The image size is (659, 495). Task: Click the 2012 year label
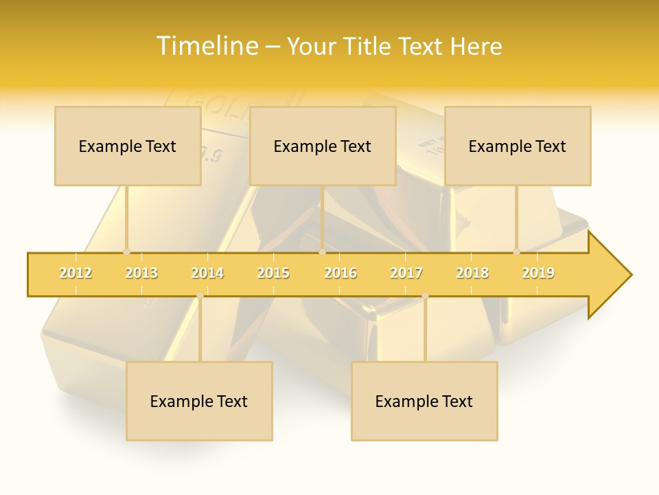(76, 273)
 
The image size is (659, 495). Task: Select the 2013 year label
(141, 273)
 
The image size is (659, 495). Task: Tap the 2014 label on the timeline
(207, 273)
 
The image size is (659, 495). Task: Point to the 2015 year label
(273, 273)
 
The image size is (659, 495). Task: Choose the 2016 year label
(340, 273)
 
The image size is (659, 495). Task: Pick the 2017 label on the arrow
(406, 273)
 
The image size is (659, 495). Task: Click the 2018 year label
(472, 273)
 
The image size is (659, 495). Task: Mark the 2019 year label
(538, 273)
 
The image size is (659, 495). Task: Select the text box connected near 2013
(128, 146)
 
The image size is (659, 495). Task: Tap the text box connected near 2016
(323, 146)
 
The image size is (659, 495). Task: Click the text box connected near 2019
(518, 146)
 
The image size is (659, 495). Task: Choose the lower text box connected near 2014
(199, 401)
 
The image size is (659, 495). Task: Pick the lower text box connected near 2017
(424, 401)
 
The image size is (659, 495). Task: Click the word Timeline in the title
(207, 46)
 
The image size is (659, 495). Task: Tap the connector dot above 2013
(126, 252)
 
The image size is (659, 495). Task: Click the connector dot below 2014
(200, 296)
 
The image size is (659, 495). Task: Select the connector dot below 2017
(425, 296)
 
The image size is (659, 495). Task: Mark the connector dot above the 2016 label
(322, 252)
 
